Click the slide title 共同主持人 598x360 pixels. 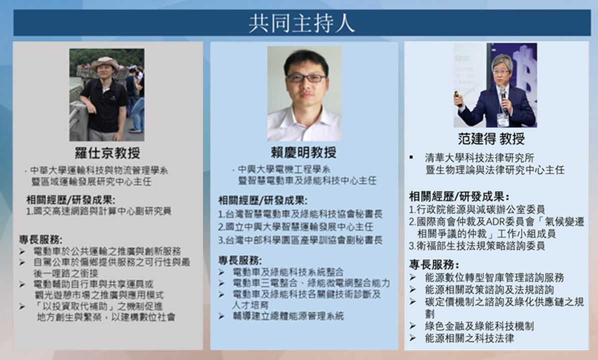point(301,23)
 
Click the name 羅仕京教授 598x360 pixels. point(107,153)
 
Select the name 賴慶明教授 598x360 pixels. point(303,152)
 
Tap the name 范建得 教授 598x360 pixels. point(491,138)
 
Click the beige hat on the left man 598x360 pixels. point(105,63)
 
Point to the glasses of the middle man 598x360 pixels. point(306,78)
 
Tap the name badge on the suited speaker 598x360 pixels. point(502,119)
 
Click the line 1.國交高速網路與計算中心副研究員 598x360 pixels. point(98,211)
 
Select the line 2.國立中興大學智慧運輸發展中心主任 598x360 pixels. point(295,227)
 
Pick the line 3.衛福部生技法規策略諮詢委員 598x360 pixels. point(476,246)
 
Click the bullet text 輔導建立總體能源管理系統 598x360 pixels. point(288,316)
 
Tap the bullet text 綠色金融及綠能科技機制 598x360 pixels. point(479,326)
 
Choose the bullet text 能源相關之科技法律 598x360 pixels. point(469,338)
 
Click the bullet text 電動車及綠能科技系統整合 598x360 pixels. point(288,272)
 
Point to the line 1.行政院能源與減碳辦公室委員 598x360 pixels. point(476,209)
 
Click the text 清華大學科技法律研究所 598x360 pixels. point(479,158)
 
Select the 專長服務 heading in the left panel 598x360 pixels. point(41,239)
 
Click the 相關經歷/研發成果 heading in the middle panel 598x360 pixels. point(263,200)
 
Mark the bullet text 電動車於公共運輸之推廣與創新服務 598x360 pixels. point(107,251)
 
